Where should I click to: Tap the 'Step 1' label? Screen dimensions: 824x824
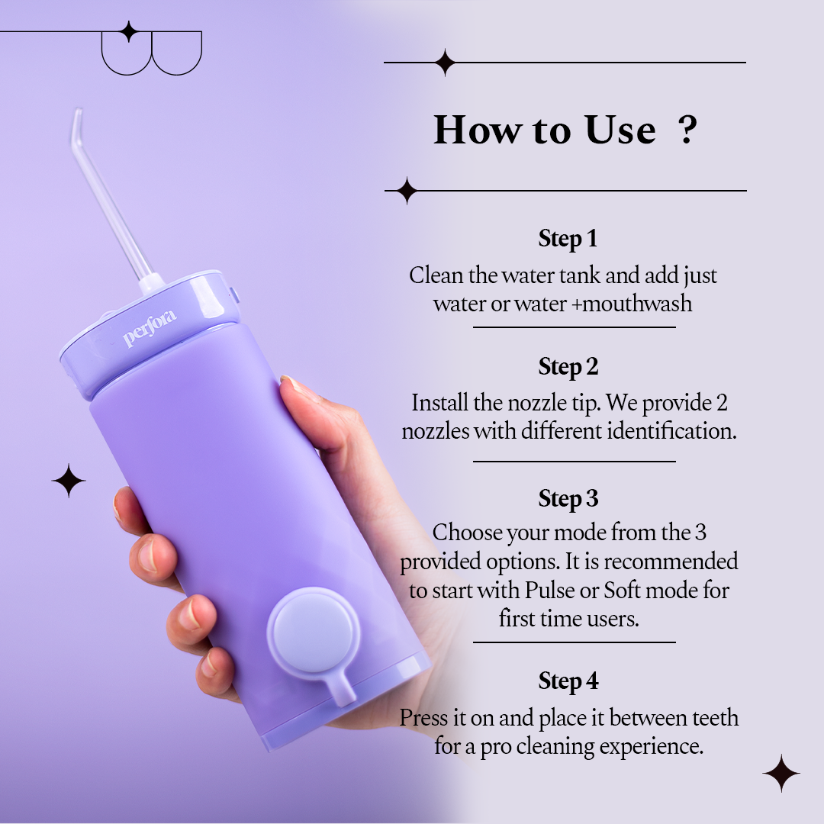[568, 239]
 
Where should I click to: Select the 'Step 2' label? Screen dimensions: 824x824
[568, 367]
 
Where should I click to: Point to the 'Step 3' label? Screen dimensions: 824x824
[568, 499]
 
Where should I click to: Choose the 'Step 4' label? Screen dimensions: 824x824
[568, 681]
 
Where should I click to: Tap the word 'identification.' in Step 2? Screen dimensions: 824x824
[671, 431]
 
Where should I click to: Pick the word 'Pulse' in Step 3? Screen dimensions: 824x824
[544, 591]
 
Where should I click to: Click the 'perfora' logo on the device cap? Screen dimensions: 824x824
[150, 329]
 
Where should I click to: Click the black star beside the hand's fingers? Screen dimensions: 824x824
[69, 481]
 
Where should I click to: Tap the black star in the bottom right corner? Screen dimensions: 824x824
[781, 774]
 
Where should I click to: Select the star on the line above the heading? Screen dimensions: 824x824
[444, 63]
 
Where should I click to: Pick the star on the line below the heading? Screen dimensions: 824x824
[407, 191]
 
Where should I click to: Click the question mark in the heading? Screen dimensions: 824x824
[687, 130]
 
